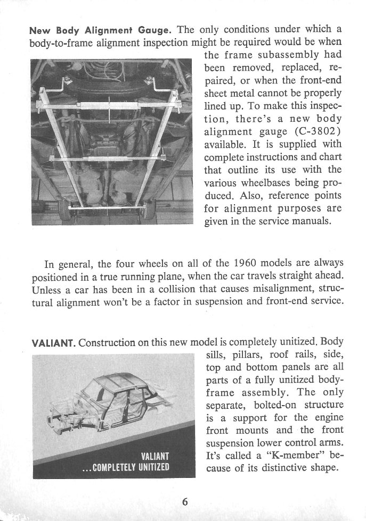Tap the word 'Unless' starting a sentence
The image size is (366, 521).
(47, 291)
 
